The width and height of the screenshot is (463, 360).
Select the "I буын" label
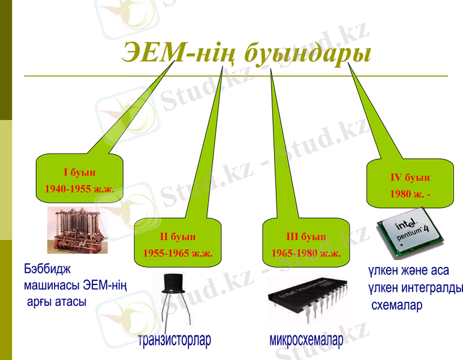point(79,173)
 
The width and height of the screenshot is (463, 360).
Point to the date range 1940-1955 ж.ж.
point(79,188)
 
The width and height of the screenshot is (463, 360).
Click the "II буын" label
point(178,237)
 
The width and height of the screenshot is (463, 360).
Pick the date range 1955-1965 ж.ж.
point(178,253)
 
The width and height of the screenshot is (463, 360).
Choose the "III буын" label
point(306,237)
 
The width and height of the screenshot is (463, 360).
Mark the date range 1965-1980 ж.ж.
point(306,253)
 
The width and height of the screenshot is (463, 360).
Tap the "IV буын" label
point(410,178)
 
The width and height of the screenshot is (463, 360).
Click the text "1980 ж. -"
point(410,194)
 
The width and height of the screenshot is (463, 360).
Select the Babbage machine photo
point(77,230)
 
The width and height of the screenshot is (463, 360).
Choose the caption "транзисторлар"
point(175,341)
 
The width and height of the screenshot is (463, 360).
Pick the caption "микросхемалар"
point(306,341)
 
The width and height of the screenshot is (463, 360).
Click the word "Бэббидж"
point(47,268)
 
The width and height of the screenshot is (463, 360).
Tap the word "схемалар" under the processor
point(397,305)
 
